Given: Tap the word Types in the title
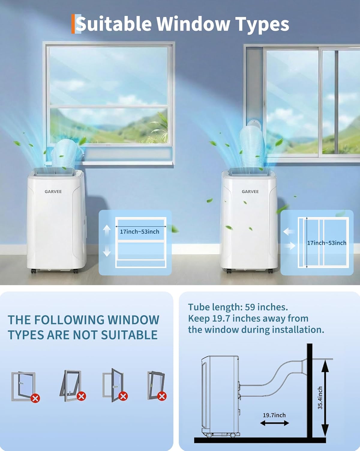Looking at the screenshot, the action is click(262, 25).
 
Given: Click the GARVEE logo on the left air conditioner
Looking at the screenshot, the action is click(53, 192).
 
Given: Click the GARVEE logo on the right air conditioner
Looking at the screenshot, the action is click(250, 192).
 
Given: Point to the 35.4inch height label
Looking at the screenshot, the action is click(320, 398).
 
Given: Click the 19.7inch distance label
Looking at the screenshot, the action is click(274, 415).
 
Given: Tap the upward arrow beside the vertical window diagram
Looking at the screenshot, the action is click(107, 231).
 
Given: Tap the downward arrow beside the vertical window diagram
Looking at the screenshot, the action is click(107, 251).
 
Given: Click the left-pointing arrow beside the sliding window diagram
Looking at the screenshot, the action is click(289, 232).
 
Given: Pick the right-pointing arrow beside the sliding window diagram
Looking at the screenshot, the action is click(290, 246).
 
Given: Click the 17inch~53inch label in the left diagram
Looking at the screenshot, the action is click(139, 232).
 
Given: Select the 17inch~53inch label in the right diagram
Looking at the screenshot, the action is click(326, 243).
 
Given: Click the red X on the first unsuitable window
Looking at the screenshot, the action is click(35, 398).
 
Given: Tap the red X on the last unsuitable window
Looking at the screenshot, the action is click(162, 396).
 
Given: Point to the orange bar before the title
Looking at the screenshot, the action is click(73, 24).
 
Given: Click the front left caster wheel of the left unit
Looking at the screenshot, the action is click(34, 271).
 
